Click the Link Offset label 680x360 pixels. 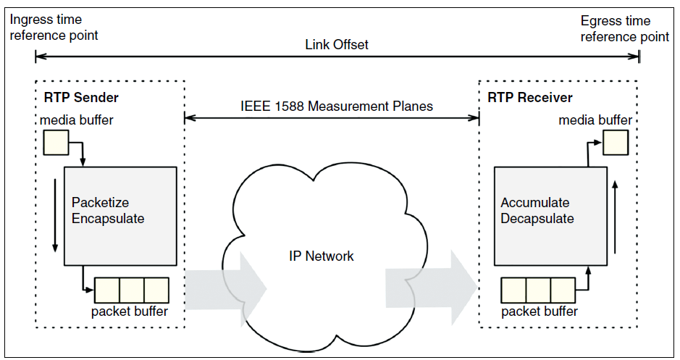(337, 45)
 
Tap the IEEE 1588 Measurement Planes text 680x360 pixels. (337, 106)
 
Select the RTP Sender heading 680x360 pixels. (85, 98)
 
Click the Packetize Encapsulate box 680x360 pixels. (120, 216)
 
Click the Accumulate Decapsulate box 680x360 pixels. (548, 216)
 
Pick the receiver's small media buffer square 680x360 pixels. (616, 143)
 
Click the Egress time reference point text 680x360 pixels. (624, 28)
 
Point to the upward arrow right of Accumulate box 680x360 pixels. (614, 217)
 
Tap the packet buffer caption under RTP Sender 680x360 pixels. (130, 312)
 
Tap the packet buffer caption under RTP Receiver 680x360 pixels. (540, 311)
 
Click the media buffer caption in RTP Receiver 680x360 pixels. (595, 120)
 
